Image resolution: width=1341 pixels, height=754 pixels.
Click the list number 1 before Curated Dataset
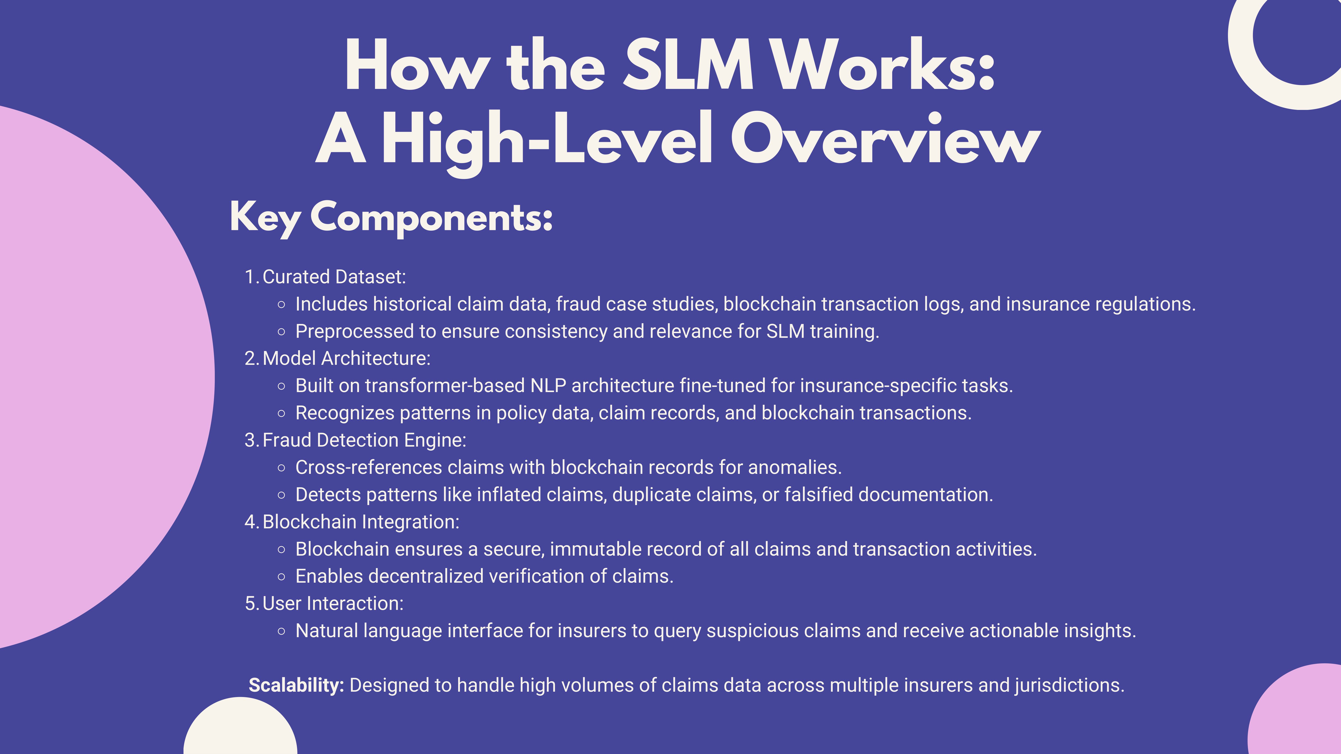pos(250,277)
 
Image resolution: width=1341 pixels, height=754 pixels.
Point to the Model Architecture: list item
pos(346,359)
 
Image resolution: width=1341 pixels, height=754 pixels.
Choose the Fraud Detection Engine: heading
pos(364,440)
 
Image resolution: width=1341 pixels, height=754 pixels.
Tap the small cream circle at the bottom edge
pos(240,729)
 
